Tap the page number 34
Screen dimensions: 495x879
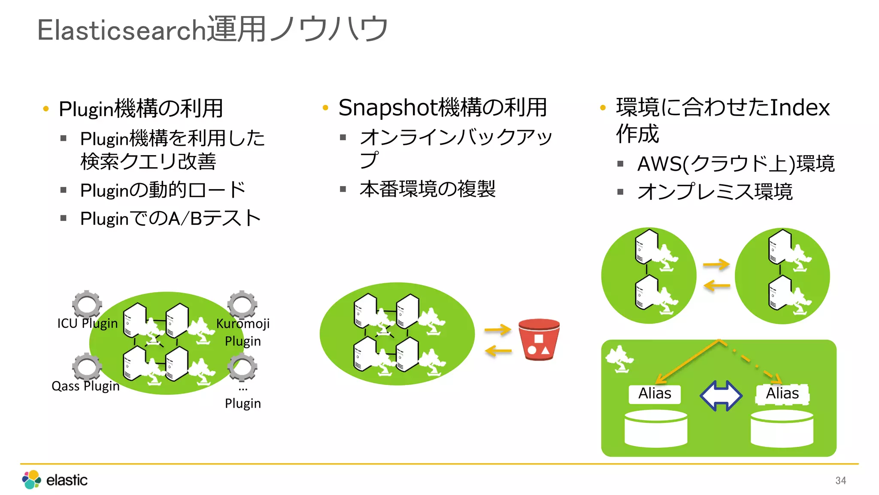coord(840,480)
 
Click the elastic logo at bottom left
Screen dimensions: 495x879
coord(55,480)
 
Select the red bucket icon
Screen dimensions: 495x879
coord(539,339)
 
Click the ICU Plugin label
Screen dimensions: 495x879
coord(88,323)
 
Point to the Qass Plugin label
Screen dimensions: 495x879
coord(85,386)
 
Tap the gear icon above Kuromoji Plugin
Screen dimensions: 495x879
coord(242,304)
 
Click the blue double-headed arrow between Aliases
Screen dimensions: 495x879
coord(721,395)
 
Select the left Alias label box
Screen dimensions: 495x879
coord(654,394)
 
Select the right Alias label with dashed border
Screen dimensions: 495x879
coord(782,394)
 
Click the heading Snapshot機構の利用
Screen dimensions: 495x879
coord(442,107)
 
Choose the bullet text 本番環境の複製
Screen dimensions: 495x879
coord(427,189)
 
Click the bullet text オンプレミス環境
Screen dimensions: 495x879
coord(715,192)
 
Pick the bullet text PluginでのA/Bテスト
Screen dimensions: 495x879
coord(170,218)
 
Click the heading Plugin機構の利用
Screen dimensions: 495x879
coord(141,109)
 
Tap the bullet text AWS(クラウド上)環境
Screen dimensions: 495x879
coord(736,164)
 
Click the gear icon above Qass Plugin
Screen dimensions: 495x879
coord(87,367)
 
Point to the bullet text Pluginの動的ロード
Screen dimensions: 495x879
coord(163,190)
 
